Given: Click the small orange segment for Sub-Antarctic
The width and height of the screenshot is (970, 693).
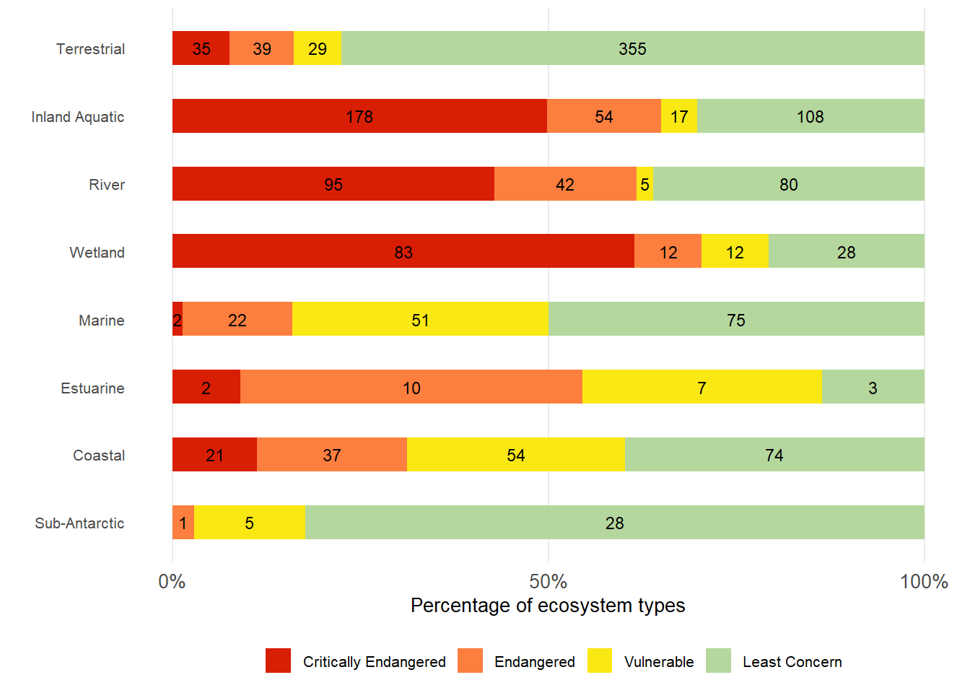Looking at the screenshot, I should [x=183, y=523].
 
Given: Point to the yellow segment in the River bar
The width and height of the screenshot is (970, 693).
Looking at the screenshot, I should [x=645, y=184].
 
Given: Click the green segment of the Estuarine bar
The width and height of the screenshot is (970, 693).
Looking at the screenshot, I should [x=873, y=387].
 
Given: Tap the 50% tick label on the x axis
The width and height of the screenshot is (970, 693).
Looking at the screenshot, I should [x=548, y=581].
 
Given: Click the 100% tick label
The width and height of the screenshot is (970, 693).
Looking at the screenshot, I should [x=923, y=581].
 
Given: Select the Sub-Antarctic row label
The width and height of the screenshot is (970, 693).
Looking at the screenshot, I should [x=79, y=523].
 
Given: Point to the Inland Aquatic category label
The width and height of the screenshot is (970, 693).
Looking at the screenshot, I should [x=78, y=117].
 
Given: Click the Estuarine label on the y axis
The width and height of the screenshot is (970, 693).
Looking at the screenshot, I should [x=92, y=388].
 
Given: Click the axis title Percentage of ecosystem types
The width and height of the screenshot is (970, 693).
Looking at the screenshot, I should [x=548, y=605].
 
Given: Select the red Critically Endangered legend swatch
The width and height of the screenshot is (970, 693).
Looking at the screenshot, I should [x=278, y=661].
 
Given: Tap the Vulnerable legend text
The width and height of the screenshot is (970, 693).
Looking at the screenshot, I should [x=658, y=662].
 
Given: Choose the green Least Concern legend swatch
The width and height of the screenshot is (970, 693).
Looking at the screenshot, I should [x=718, y=661].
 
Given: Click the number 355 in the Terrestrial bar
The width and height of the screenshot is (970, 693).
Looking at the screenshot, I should [x=632, y=49].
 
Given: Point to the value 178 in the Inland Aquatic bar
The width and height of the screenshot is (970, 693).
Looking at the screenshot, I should [x=359, y=117].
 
